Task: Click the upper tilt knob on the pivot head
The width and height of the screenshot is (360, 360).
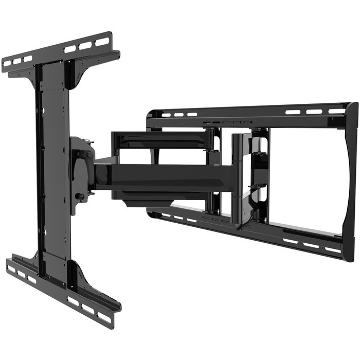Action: (x=89, y=154)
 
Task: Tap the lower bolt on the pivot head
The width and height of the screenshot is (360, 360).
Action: (x=80, y=196)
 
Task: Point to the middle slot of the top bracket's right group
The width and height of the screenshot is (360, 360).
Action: (x=85, y=45)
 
